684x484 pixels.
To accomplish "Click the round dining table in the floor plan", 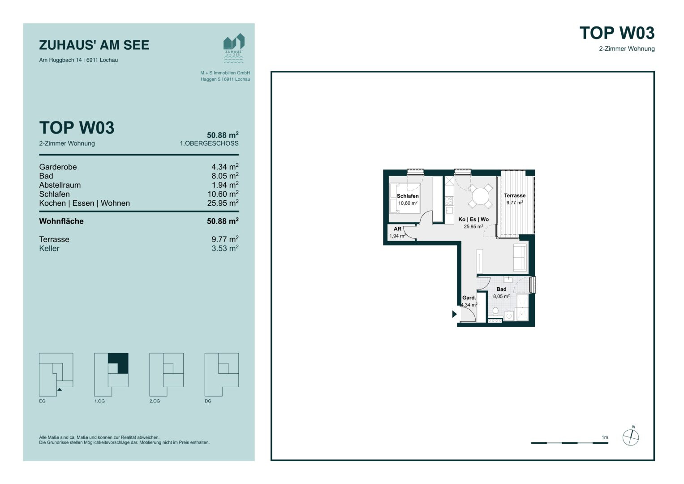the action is (x=480, y=196).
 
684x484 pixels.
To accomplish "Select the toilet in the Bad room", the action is (x=495, y=311).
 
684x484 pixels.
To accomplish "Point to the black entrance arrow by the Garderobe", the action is (x=454, y=314).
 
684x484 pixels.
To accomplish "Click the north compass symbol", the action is (x=631, y=437).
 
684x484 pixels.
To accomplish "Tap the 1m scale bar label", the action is (x=605, y=437).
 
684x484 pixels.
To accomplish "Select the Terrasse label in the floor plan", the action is (x=515, y=195).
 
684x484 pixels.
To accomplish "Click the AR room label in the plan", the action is (x=397, y=229).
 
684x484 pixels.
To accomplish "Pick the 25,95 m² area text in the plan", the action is (x=473, y=226).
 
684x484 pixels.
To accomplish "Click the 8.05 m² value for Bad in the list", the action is (x=225, y=176).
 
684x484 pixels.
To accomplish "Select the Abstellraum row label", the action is (x=60, y=185).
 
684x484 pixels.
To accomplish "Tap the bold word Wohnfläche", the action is (x=61, y=221).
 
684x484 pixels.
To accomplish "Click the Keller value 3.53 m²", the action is (x=225, y=248).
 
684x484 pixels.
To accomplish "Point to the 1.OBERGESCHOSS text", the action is (x=209, y=143).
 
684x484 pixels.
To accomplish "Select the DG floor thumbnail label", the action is (x=208, y=401).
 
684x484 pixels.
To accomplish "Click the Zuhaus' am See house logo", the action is (x=234, y=48).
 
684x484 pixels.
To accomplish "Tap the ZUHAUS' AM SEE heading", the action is (x=94, y=45).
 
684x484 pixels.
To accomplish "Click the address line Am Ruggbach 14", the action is (x=78, y=60).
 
